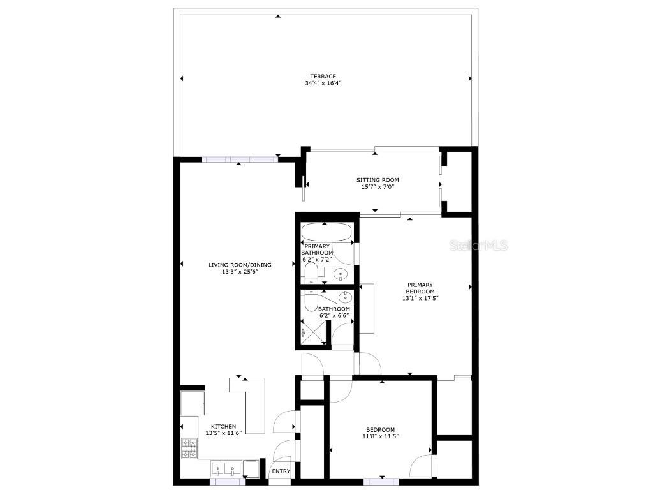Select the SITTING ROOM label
[378, 180]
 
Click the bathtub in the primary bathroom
[326, 233]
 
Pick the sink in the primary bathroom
[341, 275]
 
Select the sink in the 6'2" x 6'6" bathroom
[345, 297]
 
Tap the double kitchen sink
[226, 469]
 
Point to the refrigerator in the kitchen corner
[192, 403]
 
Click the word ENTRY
[281, 471]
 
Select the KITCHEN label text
[223, 426]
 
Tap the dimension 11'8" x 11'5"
[380, 437]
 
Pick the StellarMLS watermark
[478, 246]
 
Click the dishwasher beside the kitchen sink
[252, 468]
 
